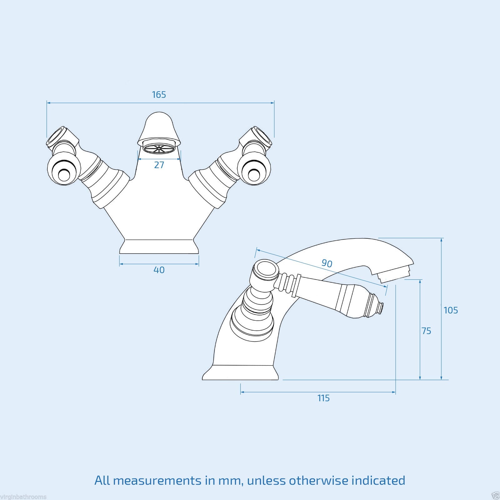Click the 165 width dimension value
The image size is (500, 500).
tap(159, 95)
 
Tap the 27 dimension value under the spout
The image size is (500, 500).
tap(159, 165)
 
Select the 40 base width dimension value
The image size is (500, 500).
tap(159, 270)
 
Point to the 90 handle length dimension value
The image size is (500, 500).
tap(327, 263)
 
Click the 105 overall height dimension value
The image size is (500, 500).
tap(451, 310)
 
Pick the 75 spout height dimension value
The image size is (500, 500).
tap(426, 331)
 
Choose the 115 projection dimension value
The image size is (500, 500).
tap(323, 398)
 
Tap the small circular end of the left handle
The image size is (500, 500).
tap(64, 175)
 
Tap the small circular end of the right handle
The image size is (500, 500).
tap(254, 175)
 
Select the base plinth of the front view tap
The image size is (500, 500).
tap(159, 247)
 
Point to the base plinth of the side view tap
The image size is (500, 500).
tap(240, 372)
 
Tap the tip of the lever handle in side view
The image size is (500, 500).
tap(380, 308)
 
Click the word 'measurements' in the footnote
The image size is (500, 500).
tap(157, 480)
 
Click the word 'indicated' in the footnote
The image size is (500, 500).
tap(378, 480)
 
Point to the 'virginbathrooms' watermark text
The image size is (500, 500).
tap(23, 497)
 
